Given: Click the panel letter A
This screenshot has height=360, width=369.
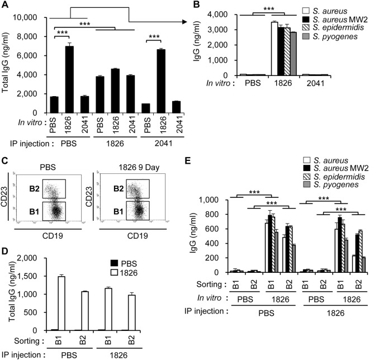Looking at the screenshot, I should (x=7, y=6).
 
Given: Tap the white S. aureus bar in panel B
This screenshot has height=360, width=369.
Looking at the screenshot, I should (x=274, y=49).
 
